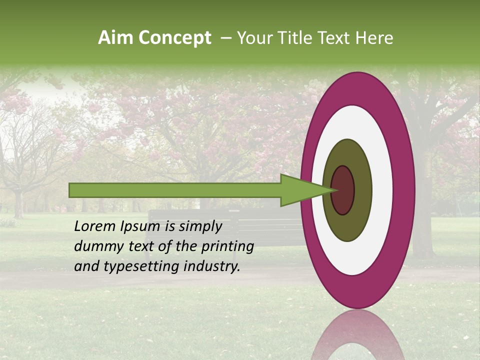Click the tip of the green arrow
[334, 190]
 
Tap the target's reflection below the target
[357, 335]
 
